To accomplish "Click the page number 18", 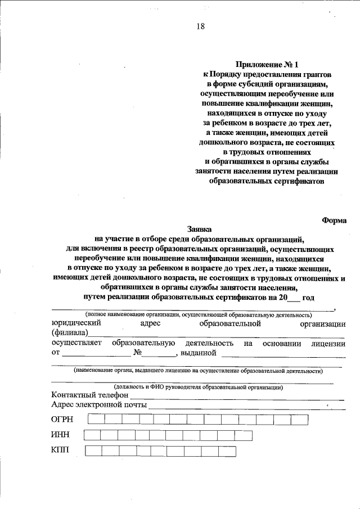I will (x=201, y=26).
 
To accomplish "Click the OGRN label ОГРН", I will (x=62, y=419).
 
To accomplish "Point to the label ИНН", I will (x=60, y=435).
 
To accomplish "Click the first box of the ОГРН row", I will (x=96, y=419).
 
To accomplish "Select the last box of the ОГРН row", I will (x=299, y=419).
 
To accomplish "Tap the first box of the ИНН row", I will (x=92, y=435).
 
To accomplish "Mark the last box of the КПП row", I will (x=227, y=451).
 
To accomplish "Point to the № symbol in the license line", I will (x=137, y=353).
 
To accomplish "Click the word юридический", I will (x=76, y=323).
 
